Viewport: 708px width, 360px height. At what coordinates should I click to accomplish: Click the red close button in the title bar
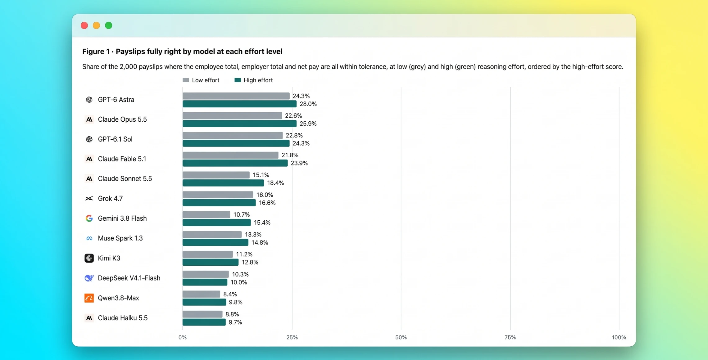tap(84, 25)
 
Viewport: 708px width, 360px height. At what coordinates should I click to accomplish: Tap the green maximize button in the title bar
tap(108, 25)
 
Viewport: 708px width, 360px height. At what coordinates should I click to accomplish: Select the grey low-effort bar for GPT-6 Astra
tap(236, 96)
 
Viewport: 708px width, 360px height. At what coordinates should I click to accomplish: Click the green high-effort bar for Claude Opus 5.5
tap(239, 124)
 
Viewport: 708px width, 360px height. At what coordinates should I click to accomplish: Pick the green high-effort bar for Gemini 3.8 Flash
tap(216, 223)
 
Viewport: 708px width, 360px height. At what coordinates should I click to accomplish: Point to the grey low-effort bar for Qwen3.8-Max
tap(201, 294)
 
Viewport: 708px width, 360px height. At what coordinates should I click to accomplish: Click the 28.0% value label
tap(308, 104)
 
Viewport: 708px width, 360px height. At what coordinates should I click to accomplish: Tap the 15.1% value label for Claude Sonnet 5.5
tap(261, 175)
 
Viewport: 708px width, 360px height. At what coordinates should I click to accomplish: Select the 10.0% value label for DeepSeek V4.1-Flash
tap(238, 282)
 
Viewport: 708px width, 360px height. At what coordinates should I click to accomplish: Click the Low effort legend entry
tap(201, 80)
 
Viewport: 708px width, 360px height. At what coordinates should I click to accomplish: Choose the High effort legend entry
tap(253, 80)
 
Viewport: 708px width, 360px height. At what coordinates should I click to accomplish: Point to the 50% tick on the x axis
tap(401, 337)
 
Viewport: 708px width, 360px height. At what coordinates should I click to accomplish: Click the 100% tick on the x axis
tap(619, 337)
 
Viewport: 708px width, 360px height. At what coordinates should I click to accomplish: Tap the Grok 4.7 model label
tap(110, 199)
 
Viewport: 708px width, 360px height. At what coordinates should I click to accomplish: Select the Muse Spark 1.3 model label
tap(120, 238)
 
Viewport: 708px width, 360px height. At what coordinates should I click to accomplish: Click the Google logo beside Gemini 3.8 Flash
tap(89, 218)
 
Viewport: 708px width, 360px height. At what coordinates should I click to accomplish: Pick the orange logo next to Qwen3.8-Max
tap(89, 298)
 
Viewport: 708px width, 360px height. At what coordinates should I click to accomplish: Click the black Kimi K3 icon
tap(89, 258)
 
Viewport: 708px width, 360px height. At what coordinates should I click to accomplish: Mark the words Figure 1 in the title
tap(96, 52)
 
